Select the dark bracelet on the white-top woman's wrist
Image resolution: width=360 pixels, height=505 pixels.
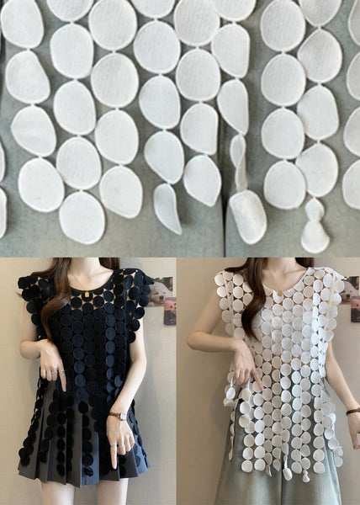(352, 412)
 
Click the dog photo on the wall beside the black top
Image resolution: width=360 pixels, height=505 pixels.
(160, 290)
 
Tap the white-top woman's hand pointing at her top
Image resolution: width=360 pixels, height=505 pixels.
(244, 363)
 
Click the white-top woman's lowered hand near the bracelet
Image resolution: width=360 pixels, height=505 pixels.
(352, 429)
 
